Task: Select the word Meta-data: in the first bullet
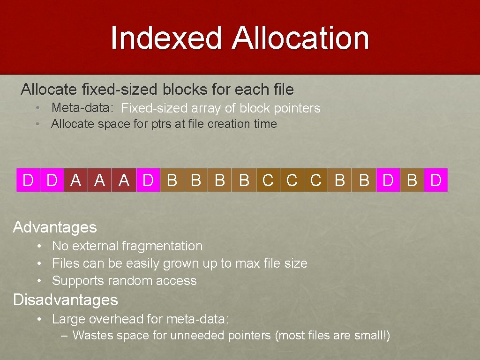pos(82,108)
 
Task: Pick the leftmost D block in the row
pos(28,180)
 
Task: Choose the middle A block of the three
pos(100,180)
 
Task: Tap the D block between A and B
pos(148,180)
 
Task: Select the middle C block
pos(292,180)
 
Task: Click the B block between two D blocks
pos(412,180)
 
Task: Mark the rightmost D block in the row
pos(436,180)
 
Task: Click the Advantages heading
pos(55,227)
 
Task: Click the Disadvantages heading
pos(66,300)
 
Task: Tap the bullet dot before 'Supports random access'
pos(41,281)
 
